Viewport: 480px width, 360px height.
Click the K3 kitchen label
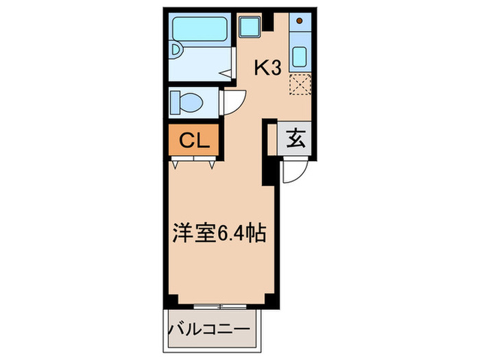tap(269, 68)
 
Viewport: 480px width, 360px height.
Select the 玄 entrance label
tap(295, 139)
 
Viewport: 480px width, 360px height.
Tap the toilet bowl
tap(189, 104)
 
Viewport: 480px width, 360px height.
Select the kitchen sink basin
tap(300, 54)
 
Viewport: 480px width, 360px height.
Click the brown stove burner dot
tap(300, 21)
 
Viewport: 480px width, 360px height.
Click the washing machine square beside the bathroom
tap(248, 27)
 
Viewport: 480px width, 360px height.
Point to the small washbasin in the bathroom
tap(176, 49)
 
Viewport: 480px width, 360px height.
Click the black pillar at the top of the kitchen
tap(271, 21)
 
